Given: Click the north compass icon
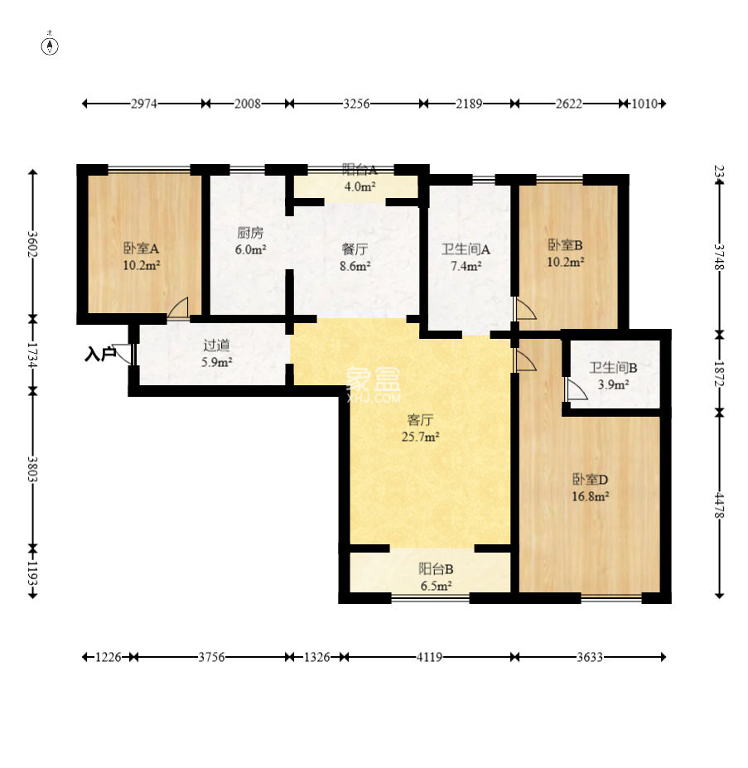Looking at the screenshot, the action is (50, 45).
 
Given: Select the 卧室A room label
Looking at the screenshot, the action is (141, 249).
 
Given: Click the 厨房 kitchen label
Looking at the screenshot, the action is (250, 233).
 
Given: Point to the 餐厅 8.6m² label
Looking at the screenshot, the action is (355, 258).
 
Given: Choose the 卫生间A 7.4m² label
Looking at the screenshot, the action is (466, 258).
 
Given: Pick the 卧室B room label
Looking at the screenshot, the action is (565, 244).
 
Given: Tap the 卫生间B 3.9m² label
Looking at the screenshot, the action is (613, 375).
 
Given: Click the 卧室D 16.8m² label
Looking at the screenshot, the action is (591, 487).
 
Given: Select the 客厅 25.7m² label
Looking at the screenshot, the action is (420, 428).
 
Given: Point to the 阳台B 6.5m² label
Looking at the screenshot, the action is (436, 577).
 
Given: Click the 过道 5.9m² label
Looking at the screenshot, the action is (216, 354).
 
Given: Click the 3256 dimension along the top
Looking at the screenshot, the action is (356, 104).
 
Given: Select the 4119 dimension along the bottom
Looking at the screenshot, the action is (429, 657).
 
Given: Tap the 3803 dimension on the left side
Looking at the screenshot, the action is (32, 469).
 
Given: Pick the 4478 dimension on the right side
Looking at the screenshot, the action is (719, 505).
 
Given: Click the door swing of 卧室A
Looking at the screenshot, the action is (178, 308).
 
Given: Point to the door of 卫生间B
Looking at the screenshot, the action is (575, 389).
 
